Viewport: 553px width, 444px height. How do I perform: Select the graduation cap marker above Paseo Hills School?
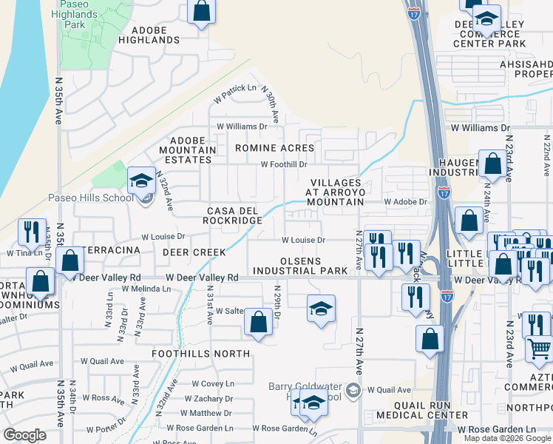click(x=140, y=180)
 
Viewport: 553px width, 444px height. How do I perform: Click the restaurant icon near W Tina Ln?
click(x=32, y=232)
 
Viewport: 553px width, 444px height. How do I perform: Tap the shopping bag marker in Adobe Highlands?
click(x=200, y=11)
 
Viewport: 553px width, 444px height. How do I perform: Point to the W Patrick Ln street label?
click(x=235, y=92)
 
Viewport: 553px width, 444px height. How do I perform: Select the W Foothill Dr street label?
click(x=283, y=164)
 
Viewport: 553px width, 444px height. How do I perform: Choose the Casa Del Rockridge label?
click(x=234, y=215)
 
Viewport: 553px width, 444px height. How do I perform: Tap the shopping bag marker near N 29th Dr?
click(x=258, y=322)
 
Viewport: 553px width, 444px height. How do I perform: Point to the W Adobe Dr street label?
click(x=405, y=201)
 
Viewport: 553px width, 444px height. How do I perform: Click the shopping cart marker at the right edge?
click(x=539, y=348)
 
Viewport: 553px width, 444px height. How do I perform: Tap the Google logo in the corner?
click(x=25, y=435)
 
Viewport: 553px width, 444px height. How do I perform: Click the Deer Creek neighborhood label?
click(x=194, y=252)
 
